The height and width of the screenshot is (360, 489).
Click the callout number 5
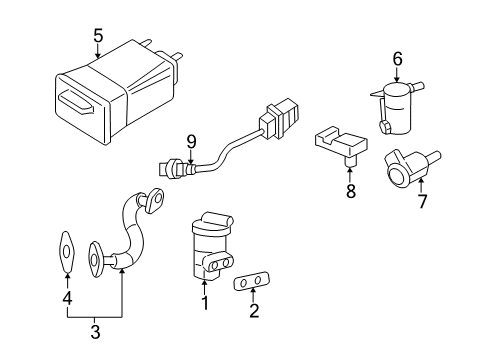(97, 36)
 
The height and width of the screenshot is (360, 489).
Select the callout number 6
(397, 60)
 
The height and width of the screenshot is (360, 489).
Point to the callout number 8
(350, 190)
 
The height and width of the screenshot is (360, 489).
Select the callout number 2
(254, 311)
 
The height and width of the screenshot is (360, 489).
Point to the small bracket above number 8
(337, 146)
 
